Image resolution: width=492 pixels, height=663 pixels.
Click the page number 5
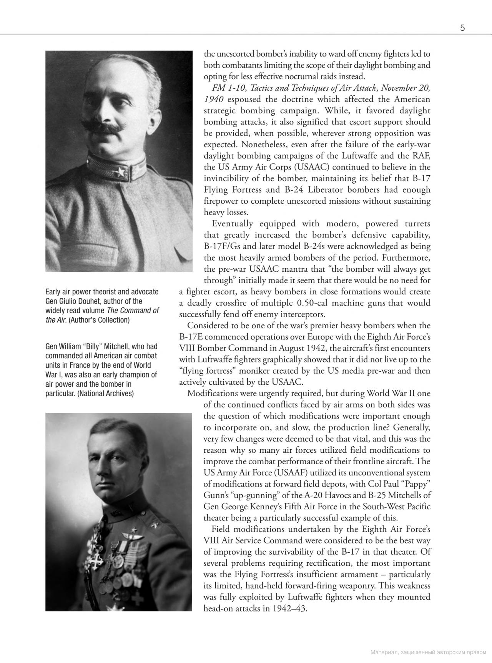(462, 28)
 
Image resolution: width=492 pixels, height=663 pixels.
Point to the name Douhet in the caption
(90, 301)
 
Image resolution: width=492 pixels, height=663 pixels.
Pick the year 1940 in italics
(214, 99)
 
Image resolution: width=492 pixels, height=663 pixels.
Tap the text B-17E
(191, 337)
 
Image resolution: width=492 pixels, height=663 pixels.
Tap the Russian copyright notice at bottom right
(428, 652)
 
